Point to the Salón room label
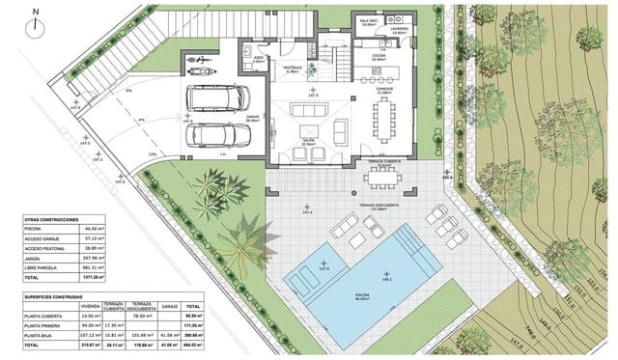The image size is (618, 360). click(x=310, y=141)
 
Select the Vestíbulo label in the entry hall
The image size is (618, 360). click(x=294, y=68)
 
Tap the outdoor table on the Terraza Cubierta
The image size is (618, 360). click(x=389, y=177)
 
